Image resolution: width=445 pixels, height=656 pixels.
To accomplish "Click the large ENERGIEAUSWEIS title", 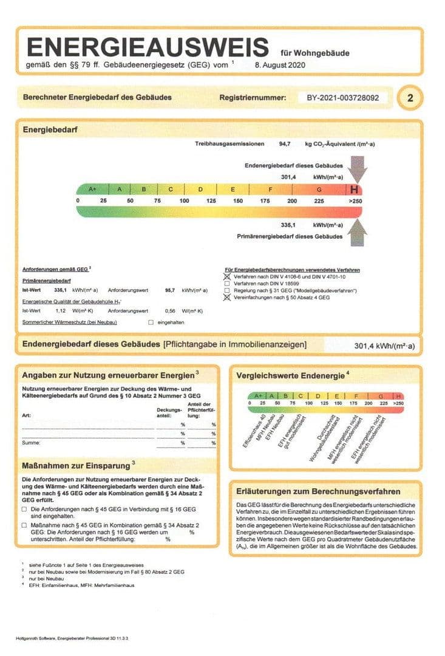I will pos(148,47).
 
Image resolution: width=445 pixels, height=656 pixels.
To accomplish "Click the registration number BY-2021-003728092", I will pos(343,97).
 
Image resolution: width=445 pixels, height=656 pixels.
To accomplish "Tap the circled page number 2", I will pos(410,97).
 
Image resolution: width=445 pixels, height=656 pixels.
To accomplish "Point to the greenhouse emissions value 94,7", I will pos(286,145).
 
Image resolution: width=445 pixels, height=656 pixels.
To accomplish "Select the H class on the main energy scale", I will pos(354,189).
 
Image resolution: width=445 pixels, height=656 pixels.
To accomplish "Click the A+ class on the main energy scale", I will pos(92,189).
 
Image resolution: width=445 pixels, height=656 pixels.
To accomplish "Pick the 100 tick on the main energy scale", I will pos(184,200).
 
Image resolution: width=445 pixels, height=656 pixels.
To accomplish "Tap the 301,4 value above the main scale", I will pos(288,177).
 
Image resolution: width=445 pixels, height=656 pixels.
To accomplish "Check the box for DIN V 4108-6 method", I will pos(227,276).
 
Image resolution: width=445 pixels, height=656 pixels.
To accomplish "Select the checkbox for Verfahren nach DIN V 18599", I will pos(227,283).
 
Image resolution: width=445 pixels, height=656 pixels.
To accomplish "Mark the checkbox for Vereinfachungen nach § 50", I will pos(227,298).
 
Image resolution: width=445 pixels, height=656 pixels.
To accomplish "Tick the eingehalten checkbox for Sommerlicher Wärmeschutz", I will pos(151,322).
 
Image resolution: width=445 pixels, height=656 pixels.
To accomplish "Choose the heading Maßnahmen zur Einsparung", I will pos(76,465).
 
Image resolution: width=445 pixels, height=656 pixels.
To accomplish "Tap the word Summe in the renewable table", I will pos(30,443).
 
